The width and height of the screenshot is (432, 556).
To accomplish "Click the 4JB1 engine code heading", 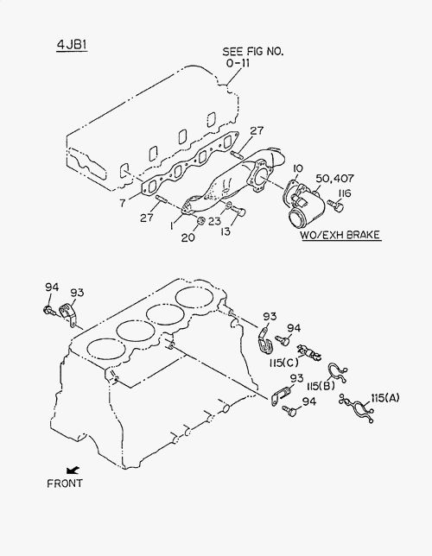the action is coord(72,45).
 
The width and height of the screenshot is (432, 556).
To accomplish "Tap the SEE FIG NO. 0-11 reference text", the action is coord(253,57).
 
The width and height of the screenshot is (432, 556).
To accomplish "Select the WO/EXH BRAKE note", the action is coord(340,235).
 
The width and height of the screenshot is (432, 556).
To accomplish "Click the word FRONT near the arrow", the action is coord(65,483).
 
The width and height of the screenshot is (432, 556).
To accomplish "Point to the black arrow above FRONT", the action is coord(73,471).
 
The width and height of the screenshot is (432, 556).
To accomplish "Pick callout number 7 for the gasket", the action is coord(123,203).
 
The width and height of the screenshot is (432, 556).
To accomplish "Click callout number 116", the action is coord(345,193).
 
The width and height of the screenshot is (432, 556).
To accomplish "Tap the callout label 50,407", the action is coord(334,179).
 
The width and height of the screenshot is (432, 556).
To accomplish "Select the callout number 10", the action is coord(298,168).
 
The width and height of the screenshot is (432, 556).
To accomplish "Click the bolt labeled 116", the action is coord(336,205).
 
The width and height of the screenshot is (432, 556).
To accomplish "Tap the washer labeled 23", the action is coord(229,205).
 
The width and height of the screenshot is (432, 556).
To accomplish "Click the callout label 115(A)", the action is coord(385,398).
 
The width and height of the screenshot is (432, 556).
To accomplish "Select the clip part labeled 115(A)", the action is coord(357,408).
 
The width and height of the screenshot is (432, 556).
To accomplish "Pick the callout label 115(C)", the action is coord(284,363).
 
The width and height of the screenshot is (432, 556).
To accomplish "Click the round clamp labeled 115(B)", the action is coord(336,373).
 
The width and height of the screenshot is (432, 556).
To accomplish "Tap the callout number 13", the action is coord(225,231).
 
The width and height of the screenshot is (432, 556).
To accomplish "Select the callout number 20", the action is coord(188,237).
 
